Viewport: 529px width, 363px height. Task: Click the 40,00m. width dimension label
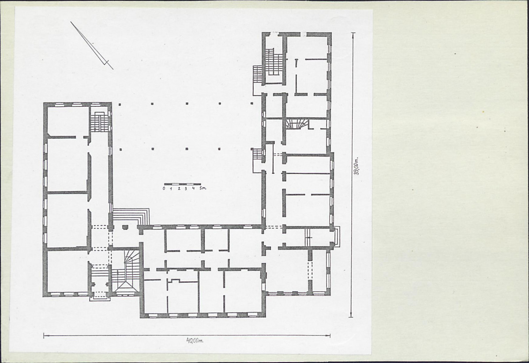click(x=195, y=340)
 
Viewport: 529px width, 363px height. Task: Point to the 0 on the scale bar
click(x=164, y=189)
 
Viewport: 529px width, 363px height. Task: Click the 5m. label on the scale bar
click(x=203, y=188)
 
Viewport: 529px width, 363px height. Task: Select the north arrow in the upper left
click(x=92, y=45)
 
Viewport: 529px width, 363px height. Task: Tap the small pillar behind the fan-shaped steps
click(x=125, y=227)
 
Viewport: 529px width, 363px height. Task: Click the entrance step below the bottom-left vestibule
click(x=100, y=298)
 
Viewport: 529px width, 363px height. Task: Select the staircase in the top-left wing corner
click(x=98, y=122)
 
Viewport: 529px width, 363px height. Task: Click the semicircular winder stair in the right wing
click(x=297, y=123)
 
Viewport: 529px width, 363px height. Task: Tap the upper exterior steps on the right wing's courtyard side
click(x=257, y=74)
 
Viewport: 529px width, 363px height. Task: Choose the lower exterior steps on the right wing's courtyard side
click(x=257, y=154)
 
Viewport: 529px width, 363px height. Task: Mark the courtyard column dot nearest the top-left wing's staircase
click(x=120, y=105)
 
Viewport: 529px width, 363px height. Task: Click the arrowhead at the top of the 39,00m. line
click(x=353, y=34)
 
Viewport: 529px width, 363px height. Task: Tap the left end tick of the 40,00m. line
click(x=44, y=335)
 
